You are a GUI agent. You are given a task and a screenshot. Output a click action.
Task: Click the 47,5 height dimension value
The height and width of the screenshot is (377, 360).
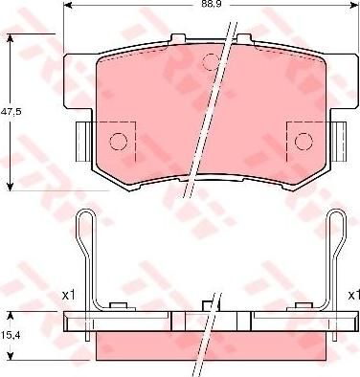coord(11,112)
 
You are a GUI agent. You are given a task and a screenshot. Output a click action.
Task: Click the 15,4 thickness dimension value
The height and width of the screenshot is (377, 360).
coord(9,335)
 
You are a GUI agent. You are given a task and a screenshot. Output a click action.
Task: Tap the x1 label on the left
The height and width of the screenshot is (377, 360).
coord(68,296)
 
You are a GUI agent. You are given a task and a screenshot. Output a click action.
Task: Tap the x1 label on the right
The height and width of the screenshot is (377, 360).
coord(354,296)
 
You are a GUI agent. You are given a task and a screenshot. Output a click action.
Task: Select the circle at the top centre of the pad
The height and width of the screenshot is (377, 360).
coord(212,61)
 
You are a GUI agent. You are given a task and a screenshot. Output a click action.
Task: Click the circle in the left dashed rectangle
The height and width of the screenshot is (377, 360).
coord(119,141)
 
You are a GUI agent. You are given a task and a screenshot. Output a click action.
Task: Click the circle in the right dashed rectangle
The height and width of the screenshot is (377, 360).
coord(304,141)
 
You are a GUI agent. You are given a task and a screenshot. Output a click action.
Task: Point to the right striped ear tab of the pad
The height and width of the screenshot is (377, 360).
coord(339,142)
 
